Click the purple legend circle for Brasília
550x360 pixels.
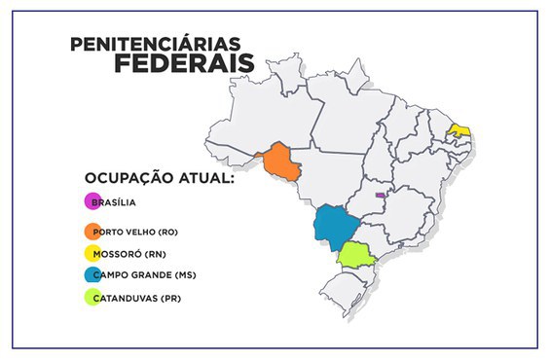coord(92,202)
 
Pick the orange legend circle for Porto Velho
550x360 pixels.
coord(92,232)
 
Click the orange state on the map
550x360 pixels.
coord(280,164)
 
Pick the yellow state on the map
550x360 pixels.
coord(459,129)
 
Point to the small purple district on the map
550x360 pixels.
coord(380,195)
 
